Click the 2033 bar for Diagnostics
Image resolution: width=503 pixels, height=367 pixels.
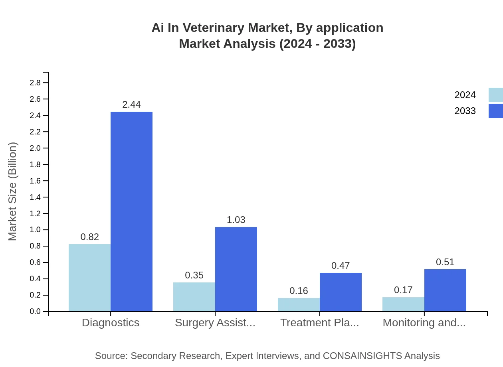point(131,211)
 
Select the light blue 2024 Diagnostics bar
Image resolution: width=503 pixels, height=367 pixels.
point(89,278)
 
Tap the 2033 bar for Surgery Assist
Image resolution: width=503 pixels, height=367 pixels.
point(236,269)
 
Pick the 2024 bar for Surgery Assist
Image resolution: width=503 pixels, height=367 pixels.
point(194,297)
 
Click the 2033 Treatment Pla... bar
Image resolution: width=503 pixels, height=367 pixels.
point(341,292)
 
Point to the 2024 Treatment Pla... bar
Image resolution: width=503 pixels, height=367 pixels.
point(299,304)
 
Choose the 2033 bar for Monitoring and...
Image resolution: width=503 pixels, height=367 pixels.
point(445,290)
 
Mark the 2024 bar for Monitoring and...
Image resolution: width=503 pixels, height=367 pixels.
point(403,304)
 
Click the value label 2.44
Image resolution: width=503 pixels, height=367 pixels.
point(131,105)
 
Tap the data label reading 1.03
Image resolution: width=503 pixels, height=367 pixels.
point(236,220)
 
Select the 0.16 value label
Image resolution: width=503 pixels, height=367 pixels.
point(299,291)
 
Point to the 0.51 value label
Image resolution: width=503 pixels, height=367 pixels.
point(445,262)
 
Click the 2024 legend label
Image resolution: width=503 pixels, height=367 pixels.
point(465,95)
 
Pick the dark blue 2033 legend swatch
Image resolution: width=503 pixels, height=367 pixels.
point(495,111)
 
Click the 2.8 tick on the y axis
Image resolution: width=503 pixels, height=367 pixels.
point(35,83)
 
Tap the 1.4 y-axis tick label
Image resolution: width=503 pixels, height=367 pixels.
point(35,197)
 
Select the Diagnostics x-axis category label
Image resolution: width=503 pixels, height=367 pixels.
point(111,323)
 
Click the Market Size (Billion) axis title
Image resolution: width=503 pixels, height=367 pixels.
point(13,191)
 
